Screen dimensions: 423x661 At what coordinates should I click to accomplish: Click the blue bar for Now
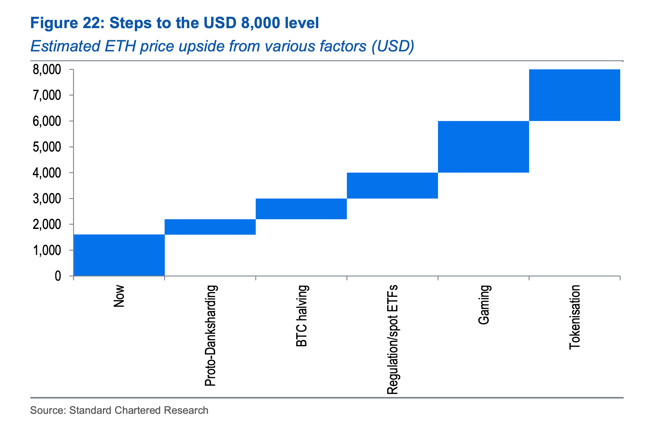pyautogui.click(x=119, y=255)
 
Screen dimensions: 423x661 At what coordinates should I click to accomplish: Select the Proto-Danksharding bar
pyautogui.click(x=210, y=227)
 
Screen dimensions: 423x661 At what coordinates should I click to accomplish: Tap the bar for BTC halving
pyautogui.click(x=301, y=209)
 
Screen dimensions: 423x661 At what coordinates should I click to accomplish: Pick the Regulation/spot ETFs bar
pyautogui.click(x=392, y=185)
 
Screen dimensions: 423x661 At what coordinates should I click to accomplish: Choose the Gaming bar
pyautogui.click(x=483, y=147)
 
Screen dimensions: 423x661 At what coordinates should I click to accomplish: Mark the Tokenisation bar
pyautogui.click(x=574, y=95)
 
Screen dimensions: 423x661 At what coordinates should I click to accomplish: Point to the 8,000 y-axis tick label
pyautogui.click(x=47, y=70)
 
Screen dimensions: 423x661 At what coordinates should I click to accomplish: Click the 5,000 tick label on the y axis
pyautogui.click(x=47, y=147)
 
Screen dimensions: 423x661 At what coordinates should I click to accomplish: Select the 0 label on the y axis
pyautogui.click(x=58, y=276)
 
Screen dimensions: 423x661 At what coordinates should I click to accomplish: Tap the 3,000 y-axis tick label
pyautogui.click(x=47, y=199)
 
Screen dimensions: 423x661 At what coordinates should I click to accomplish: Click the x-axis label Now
pyautogui.click(x=119, y=296)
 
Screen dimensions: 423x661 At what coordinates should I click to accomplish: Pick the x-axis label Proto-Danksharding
pyautogui.click(x=210, y=335)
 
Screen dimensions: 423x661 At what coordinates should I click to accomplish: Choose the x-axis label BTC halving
pyautogui.click(x=301, y=316)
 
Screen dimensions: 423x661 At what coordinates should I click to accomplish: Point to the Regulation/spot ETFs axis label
pyautogui.click(x=392, y=339)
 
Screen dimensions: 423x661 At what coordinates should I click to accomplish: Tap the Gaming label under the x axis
pyautogui.click(x=484, y=305)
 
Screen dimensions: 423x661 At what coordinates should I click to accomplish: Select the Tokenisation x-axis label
pyautogui.click(x=575, y=317)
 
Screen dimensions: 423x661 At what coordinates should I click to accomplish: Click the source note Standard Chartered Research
pyautogui.click(x=139, y=410)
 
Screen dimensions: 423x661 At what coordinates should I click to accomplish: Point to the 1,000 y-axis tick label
pyautogui.click(x=47, y=251)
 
